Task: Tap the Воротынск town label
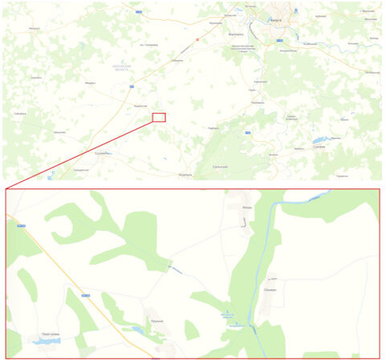[238, 35]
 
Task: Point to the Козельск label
[185, 173]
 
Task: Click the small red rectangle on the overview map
[159, 117]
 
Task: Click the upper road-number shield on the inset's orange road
[22, 227]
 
